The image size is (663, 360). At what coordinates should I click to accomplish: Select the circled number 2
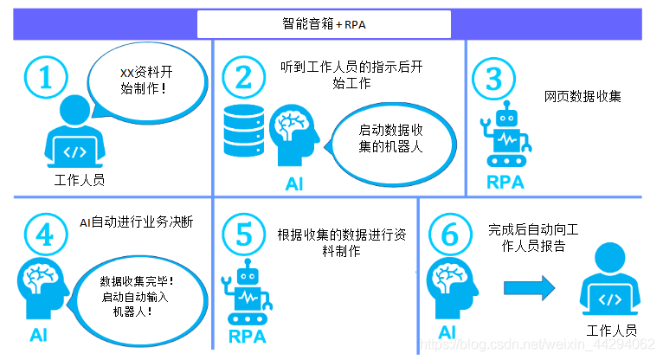tap(242, 79)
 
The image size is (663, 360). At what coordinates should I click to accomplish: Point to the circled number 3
tap(494, 80)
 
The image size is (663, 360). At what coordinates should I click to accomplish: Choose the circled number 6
tap(450, 235)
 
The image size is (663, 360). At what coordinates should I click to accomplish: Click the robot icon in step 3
tap(508, 138)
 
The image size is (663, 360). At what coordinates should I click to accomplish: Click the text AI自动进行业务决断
tap(136, 222)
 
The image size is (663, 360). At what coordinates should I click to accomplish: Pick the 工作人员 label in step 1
tap(79, 180)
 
